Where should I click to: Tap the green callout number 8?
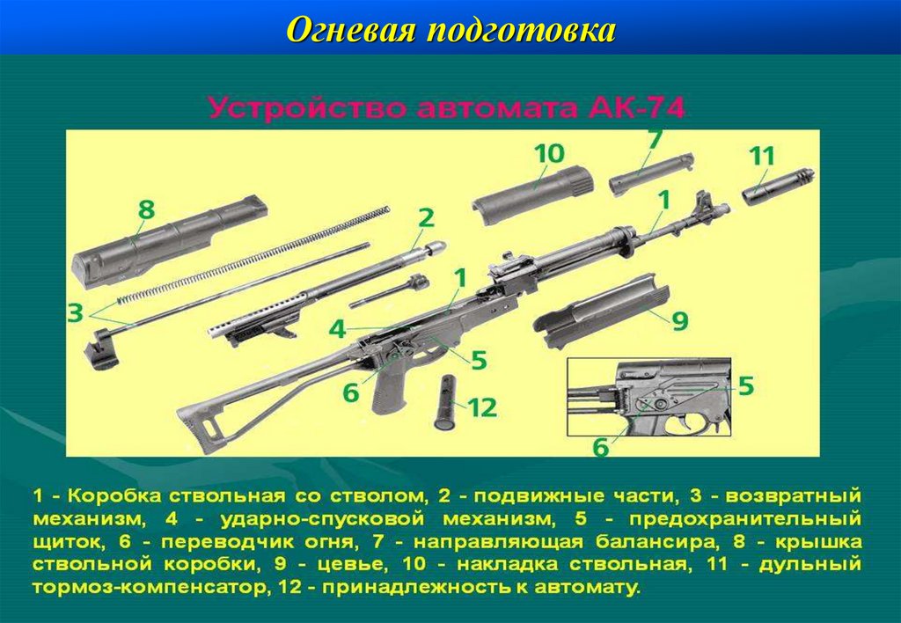coord(146,209)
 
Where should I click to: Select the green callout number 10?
coord(549,154)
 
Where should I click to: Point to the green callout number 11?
coord(762,157)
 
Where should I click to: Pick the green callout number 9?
coord(680,320)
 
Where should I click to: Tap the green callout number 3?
coord(76,313)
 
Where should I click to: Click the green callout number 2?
coord(426,218)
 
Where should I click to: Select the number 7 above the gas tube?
coord(655,140)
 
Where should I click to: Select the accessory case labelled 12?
coord(446,402)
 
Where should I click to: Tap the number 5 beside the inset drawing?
coord(745,386)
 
